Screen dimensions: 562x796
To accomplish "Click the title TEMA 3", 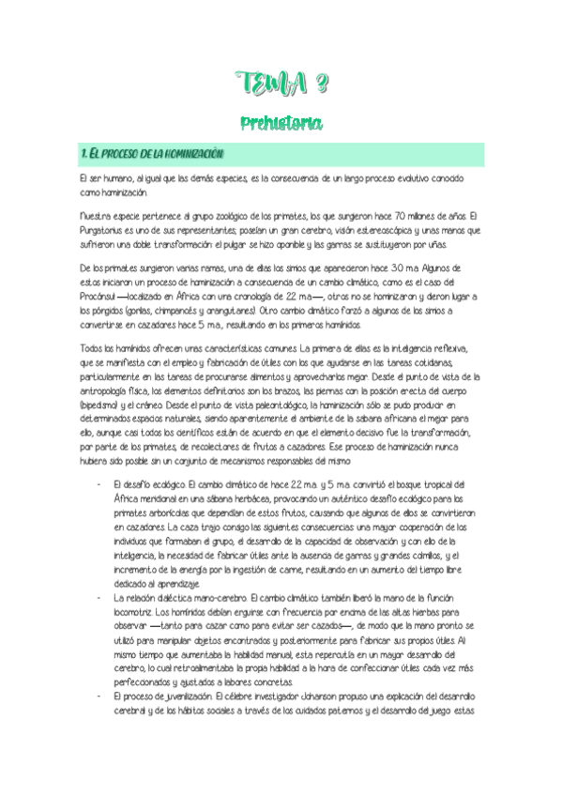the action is [281, 87].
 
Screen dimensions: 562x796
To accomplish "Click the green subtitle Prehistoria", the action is [281, 122].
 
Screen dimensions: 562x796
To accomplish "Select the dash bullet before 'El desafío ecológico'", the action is [99, 484].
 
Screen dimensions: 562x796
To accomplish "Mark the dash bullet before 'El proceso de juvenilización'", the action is [99, 696].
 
